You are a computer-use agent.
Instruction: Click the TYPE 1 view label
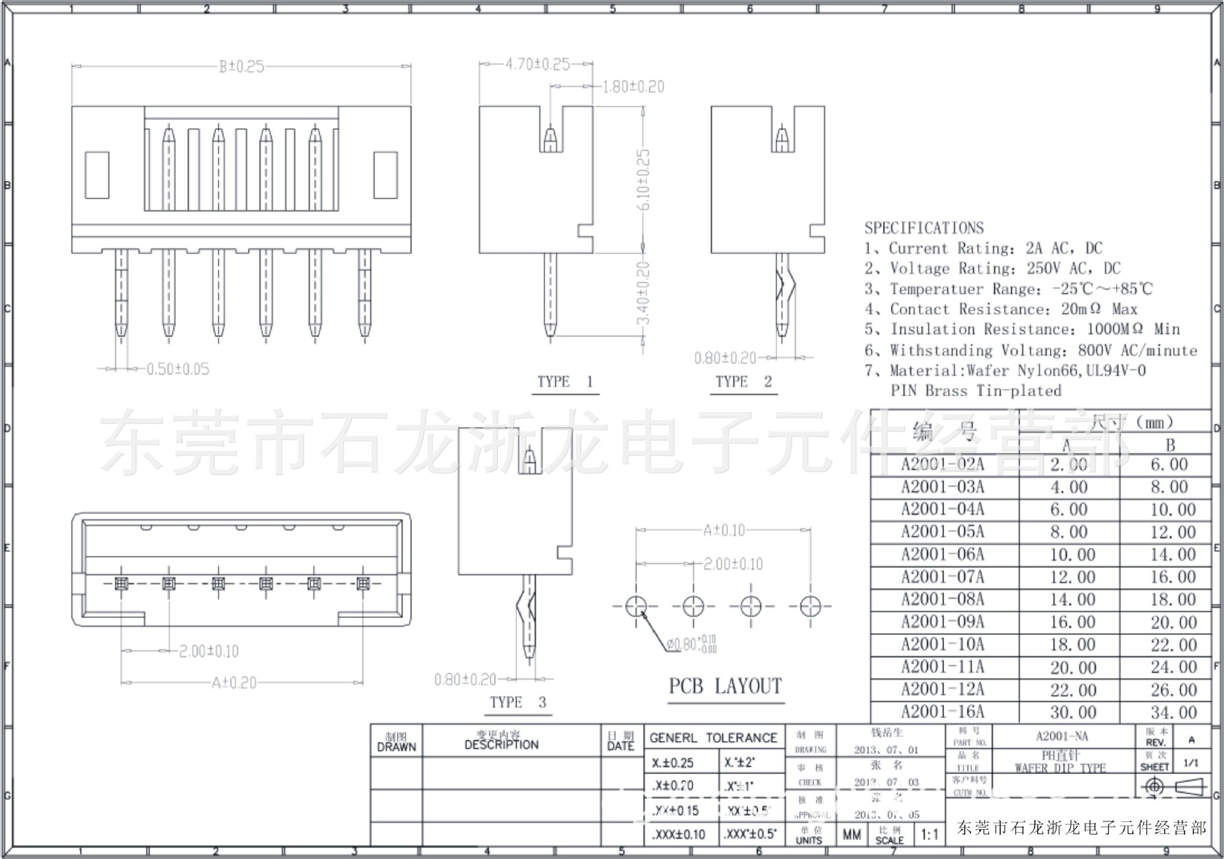(565, 381)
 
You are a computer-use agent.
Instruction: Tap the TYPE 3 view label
(518, 702)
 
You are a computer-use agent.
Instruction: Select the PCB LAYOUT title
(725, 686)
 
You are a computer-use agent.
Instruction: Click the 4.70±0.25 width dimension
(537, 64)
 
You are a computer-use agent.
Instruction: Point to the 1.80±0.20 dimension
(633, 87)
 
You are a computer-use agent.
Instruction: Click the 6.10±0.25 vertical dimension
(644, 179)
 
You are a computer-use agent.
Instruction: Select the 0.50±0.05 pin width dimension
(177, 369)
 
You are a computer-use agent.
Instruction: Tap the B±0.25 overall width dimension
(241, 66)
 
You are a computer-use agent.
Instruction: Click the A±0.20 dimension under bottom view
(234, 683)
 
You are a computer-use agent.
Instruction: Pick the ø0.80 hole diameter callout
(691, 644)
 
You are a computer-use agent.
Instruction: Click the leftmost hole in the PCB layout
(636, 606)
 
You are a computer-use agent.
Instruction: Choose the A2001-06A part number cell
(942, 554)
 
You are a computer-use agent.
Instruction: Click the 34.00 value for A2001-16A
(1173, 712)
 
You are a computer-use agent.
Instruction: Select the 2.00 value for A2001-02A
(1068, 464)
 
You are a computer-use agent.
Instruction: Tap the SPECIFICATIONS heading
(924, 228)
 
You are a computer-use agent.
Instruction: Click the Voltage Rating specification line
(992, 268)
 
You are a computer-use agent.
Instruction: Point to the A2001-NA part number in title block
(1061, 736)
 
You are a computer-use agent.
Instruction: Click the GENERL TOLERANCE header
(713, 738)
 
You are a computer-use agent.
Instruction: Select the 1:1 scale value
(929, 834)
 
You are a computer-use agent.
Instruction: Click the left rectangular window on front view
(96, 175)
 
